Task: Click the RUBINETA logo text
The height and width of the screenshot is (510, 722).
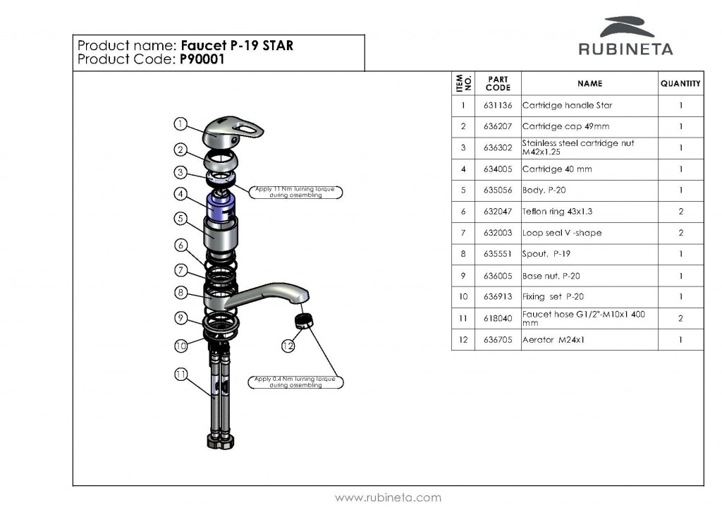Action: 625,49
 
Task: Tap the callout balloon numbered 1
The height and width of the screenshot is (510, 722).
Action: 180,124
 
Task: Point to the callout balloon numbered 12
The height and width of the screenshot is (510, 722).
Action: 288,346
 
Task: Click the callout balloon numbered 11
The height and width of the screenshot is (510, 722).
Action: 180,375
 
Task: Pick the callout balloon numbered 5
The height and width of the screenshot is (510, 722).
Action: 180,218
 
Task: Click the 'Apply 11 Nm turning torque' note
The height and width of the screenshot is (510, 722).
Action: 295,192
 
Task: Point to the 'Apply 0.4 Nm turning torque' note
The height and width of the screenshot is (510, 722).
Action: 295,382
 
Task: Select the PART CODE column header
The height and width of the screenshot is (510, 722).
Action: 498,83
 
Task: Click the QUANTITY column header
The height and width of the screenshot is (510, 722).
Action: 680,83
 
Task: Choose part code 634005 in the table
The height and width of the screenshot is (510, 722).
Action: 498,169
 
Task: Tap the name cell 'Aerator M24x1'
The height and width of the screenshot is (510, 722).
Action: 554,340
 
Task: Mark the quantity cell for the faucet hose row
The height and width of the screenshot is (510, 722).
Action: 680,319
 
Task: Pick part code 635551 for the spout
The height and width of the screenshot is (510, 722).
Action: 498,255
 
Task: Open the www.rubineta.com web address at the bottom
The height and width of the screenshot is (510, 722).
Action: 388,497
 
